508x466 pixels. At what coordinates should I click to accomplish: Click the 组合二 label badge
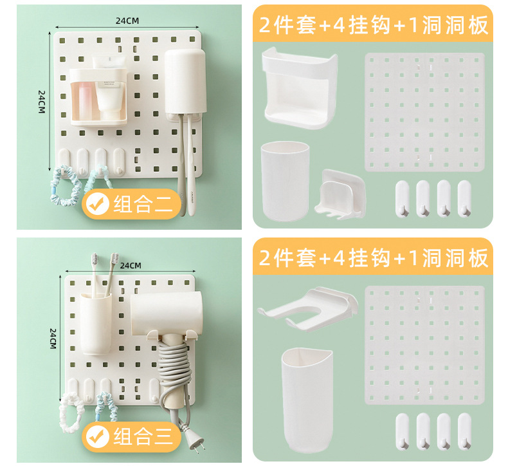click(x=132, y=204)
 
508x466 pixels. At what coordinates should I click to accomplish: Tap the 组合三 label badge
click(x=132, y=437)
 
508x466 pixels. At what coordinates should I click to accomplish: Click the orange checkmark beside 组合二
click(x=98, y=205)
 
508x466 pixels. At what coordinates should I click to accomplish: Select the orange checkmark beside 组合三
click(x=98, y=438)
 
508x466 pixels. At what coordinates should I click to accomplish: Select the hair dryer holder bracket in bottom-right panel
click(x=307, y=310)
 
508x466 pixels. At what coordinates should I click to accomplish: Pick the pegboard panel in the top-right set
click(x=424, y=112)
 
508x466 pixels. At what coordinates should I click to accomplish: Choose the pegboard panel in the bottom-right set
click(x=424, y=344)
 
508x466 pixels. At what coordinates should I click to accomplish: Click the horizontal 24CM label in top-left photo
click(x=127, y=21)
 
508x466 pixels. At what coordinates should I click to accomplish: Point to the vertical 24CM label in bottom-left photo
click(x=53, y=338)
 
